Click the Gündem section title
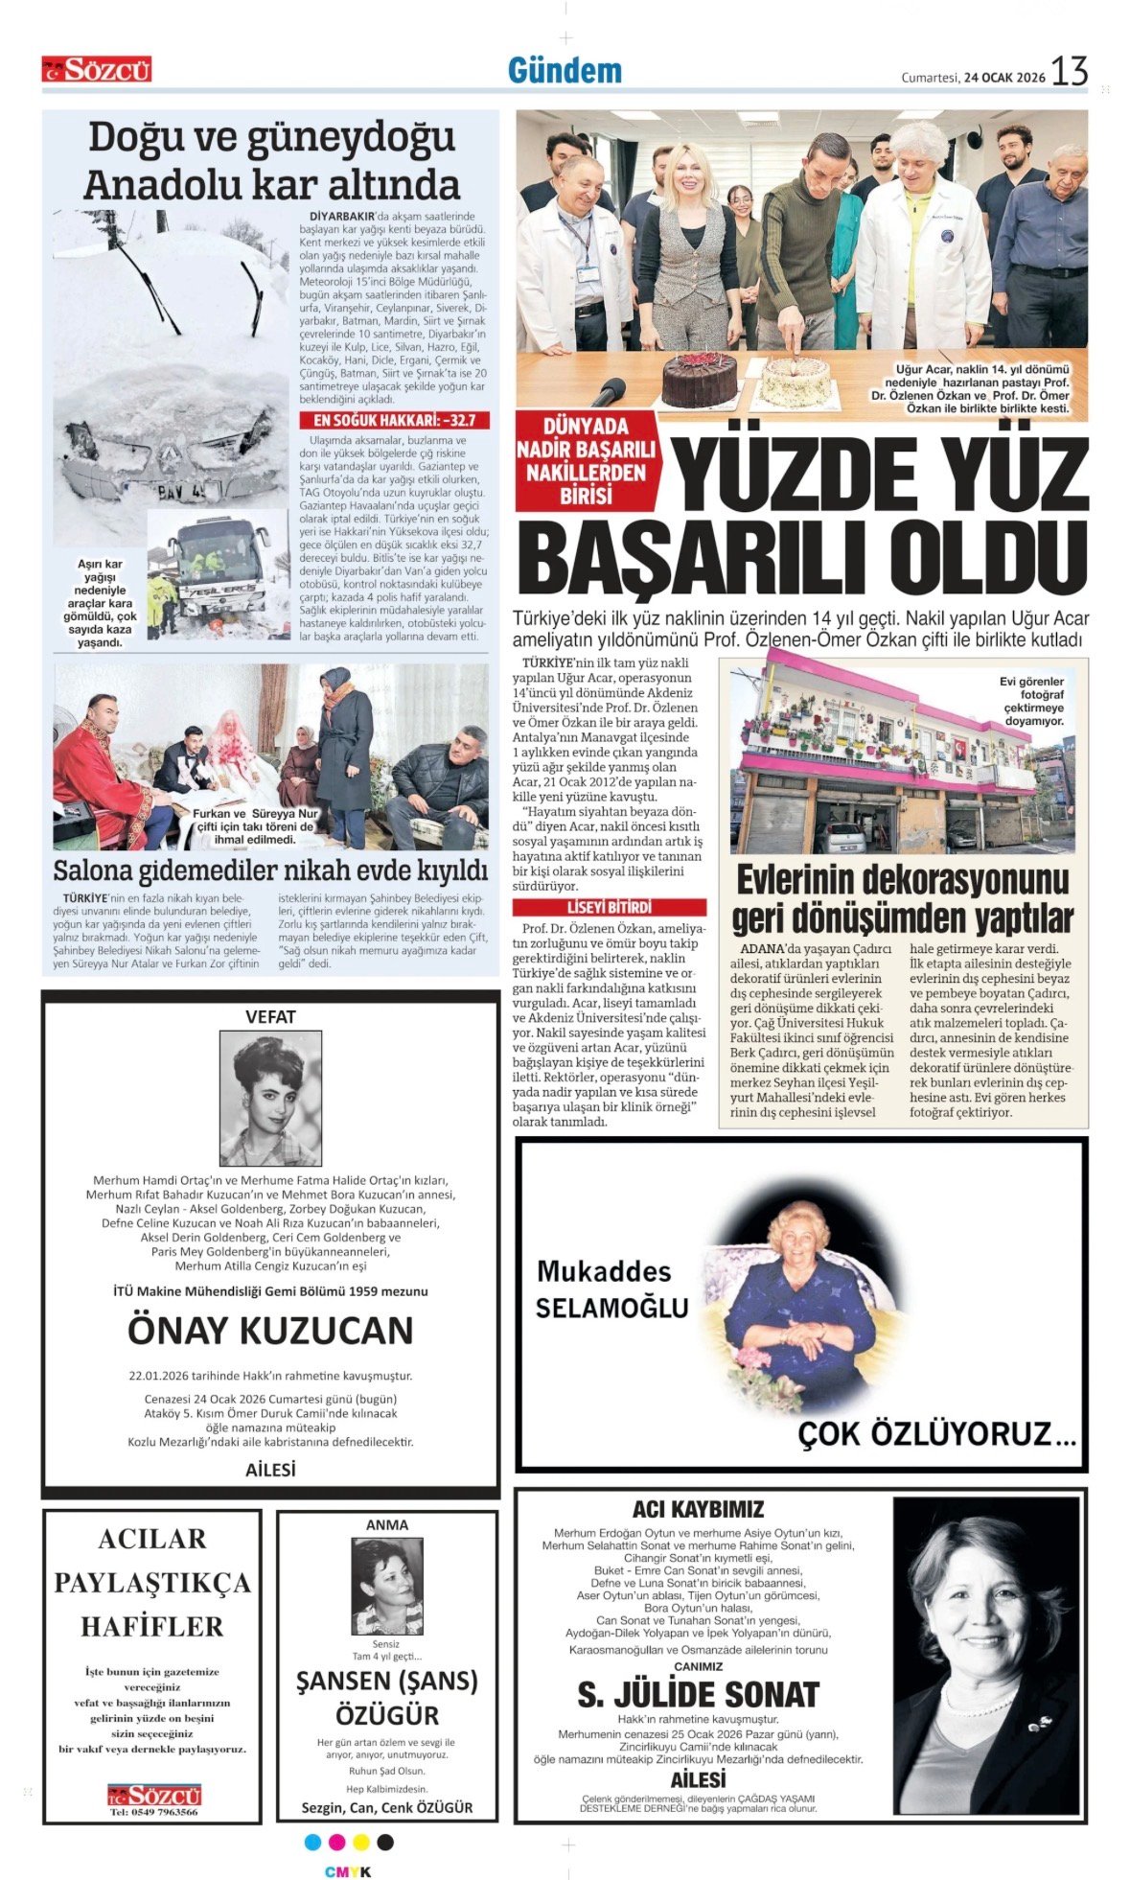click(564, 71)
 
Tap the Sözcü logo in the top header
click(97, 69)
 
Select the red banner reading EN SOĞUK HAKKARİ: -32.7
click(394, 420)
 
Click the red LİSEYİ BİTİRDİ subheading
click(609, 907)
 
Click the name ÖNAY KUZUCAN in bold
click(270, 1331)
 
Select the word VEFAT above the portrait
click(270, 1016)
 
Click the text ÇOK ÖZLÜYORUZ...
click(936, 1434)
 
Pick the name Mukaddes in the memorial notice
click(604, 1271)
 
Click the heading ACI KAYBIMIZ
click(698, 1509)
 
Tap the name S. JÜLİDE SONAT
click(698, 1695)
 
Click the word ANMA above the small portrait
click(387, 1524)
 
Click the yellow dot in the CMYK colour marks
click(360, 1842)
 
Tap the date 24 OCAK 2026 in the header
click(1003, 78)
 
